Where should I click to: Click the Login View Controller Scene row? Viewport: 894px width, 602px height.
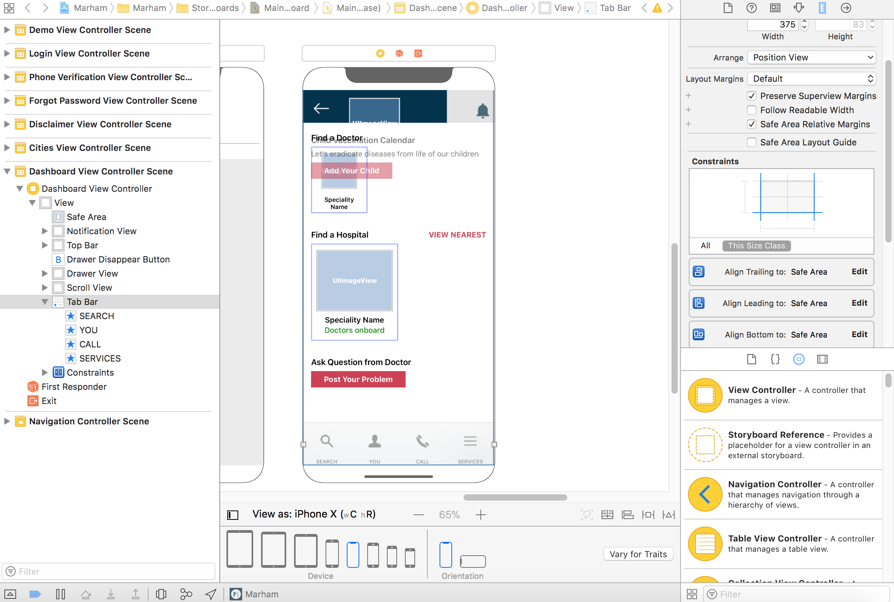point(89,53)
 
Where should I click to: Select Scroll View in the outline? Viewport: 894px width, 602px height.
point(89,288)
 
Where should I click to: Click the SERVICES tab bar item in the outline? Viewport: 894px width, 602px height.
point(100,358)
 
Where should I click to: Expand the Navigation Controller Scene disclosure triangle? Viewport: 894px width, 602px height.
point(7,421)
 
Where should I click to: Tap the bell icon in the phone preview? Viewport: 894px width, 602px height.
point(482,110)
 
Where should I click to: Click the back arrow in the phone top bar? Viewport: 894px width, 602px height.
point(321,108)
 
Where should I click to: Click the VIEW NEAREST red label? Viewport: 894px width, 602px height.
point(457,235)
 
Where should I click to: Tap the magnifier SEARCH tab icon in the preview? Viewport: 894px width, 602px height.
point(327,442)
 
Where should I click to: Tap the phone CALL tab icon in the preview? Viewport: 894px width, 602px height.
point(423,442)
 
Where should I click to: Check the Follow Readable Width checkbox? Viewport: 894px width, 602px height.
point(752,110)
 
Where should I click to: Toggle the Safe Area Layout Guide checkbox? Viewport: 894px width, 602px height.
point(752,142)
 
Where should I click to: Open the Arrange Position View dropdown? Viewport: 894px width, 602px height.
point(812,57)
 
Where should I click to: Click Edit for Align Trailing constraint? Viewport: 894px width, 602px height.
point(859,272)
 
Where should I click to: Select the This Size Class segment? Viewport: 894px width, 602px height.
point(756,246)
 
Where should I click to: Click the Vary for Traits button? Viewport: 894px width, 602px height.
point(638,554)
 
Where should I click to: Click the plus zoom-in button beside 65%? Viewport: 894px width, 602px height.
point(481,515)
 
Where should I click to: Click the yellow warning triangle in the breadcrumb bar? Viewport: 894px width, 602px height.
point(657,8)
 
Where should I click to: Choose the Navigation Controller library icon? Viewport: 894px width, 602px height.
point(705,494)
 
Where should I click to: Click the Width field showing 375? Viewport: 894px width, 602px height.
point(773,24)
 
